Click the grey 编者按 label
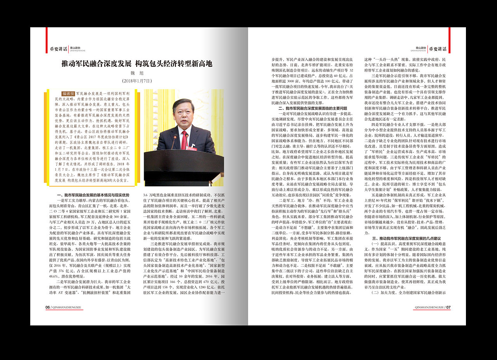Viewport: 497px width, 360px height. (x=68, y=94)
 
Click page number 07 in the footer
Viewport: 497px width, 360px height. (x=448, y=307)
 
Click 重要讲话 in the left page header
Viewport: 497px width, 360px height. (x=58, y=49)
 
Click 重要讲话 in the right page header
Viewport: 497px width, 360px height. (x=438, y=49)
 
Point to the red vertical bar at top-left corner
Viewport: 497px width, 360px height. (x=47, y=35)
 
